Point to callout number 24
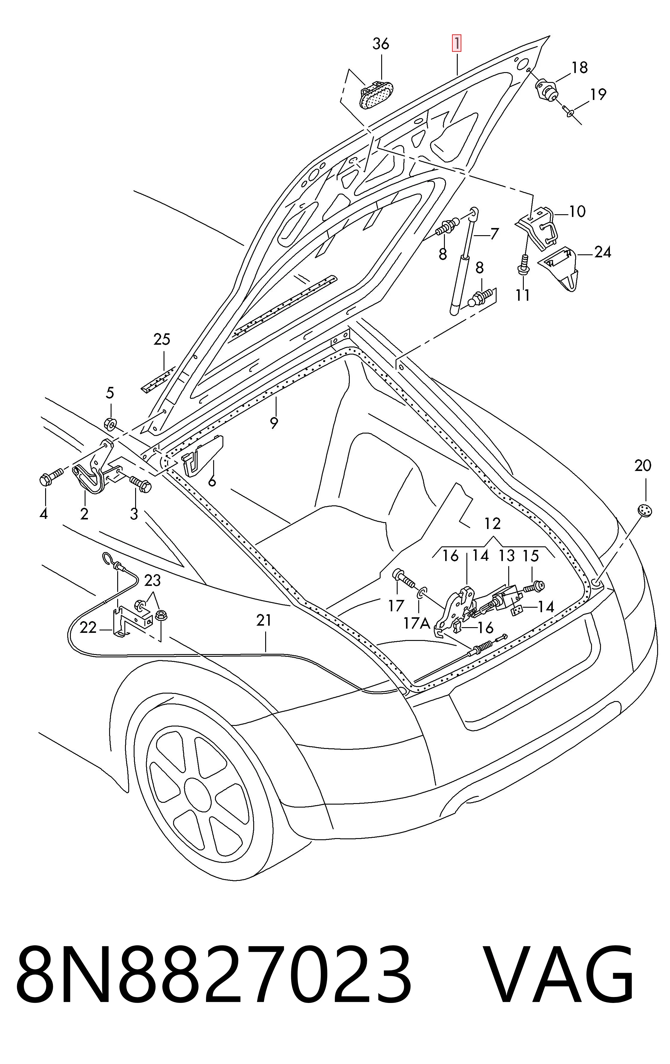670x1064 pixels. (x=602, y=252)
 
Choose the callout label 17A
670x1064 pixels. (x=417, y=623)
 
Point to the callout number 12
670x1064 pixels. (x=492, y=524)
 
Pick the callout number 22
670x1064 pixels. (x=88, y=627)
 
